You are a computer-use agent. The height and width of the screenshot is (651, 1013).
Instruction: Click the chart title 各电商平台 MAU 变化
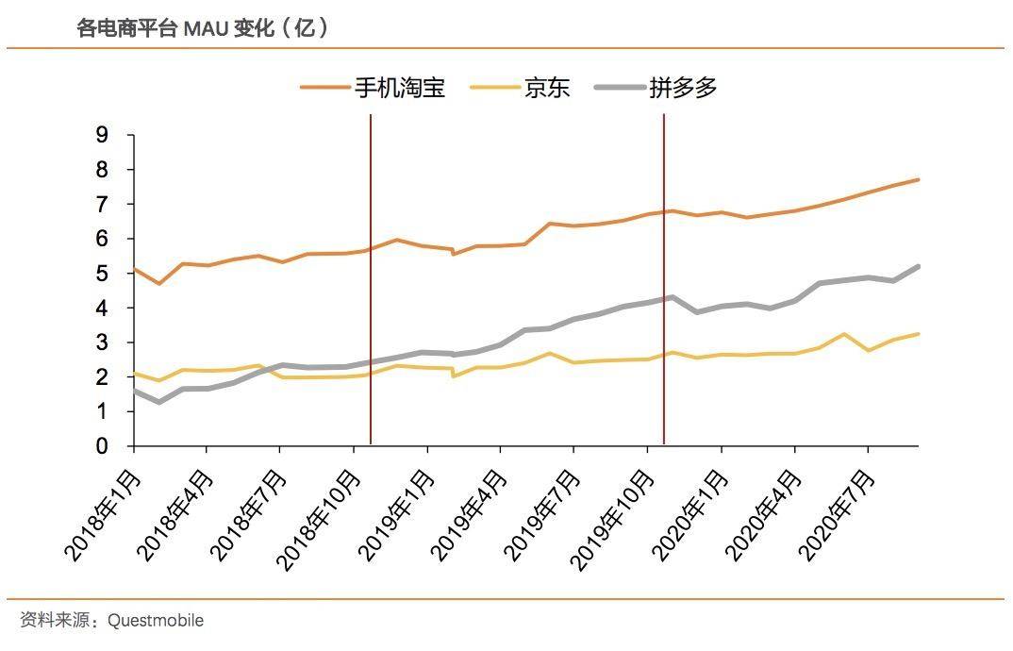(x=203, y=28)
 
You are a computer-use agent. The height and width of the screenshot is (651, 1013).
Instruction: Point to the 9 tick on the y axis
(x=102, y=135)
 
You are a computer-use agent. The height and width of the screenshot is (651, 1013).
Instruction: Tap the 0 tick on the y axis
(x=102, y=445)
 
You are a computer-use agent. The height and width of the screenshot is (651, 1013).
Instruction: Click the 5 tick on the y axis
(x=102, y=274)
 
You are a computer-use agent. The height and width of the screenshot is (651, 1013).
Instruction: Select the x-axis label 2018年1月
(x=101, y=509)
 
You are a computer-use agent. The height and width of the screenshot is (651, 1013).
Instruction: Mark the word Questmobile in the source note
(x=156, y=620)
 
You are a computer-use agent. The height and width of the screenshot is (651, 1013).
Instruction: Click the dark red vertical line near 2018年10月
(x=371, y=283)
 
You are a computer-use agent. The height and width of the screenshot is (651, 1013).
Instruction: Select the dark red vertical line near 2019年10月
(x=664, y=283)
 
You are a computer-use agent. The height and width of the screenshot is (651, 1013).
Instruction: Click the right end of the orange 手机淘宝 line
(x=918, y=179)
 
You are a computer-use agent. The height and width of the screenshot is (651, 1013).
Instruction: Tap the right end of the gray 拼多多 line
(x=918, y=266)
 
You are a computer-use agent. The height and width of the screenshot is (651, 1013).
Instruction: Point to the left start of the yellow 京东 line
(x=134, y=373)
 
